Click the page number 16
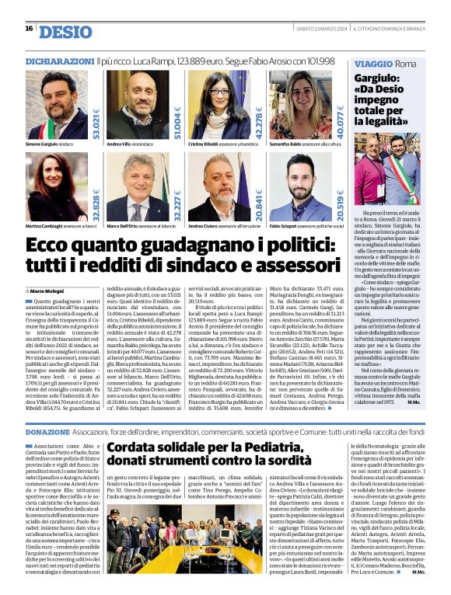point(29,29)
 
